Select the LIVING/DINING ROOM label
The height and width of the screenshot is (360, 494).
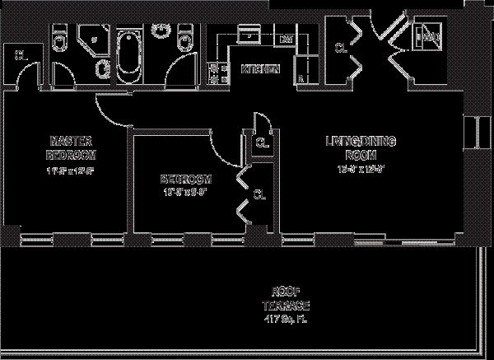(x=360, y=147)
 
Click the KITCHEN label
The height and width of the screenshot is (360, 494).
(x=259, y=69)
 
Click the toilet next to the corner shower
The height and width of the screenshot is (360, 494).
(x=59, y=41)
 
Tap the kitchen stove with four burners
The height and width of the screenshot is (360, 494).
(x=220, y=72)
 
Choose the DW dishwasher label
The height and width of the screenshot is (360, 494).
(x=287, y=40)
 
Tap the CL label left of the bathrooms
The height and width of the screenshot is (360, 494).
(x=20, y=55)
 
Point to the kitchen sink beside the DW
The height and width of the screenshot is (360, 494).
(x=248, y=37)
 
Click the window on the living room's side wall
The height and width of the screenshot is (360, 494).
(x=476, y=132)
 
